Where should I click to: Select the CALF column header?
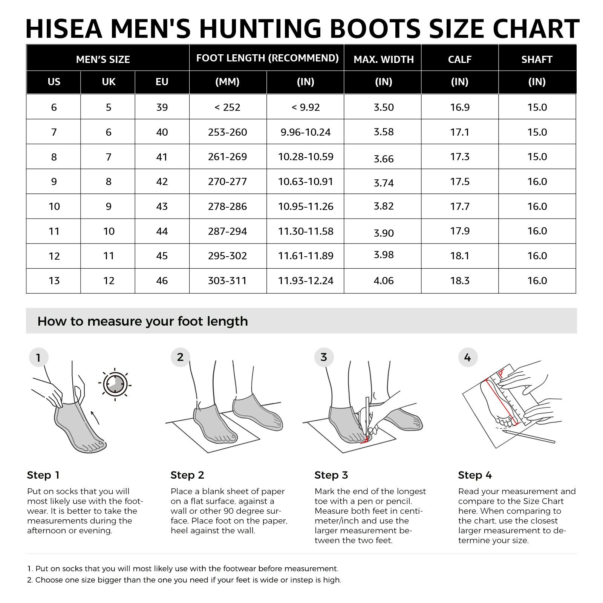459,60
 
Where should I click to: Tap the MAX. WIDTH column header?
383,60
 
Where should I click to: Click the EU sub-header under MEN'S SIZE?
162,82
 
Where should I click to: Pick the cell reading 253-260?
227,132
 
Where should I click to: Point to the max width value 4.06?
383,281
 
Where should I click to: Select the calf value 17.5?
459,182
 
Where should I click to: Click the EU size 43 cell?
162,207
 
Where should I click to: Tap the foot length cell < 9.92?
305,107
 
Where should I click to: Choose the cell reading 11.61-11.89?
305,256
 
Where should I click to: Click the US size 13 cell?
54,281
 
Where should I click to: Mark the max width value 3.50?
383,107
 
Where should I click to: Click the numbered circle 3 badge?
324,357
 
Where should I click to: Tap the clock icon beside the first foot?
115,384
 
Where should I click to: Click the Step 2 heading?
187,475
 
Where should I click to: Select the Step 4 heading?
474,475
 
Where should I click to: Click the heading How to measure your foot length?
142,321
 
